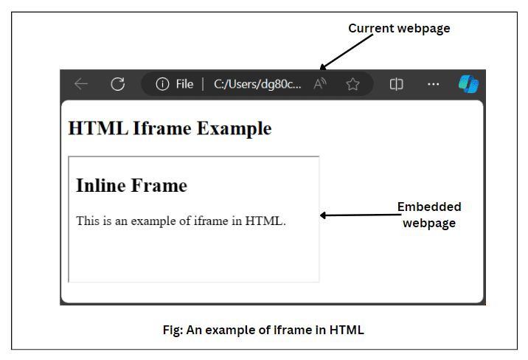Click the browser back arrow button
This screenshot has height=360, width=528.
click(x=81, y=84)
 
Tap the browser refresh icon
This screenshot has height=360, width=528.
click(x=117, y=84)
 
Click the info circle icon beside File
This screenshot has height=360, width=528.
click(x=162, y=84)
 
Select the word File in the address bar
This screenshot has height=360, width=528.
click(x=184, y=84)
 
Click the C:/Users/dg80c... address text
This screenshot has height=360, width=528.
click(x=257, y=84)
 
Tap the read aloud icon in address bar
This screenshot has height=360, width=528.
click(x=320, y=84)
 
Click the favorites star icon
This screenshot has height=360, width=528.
click(x=352, y=84)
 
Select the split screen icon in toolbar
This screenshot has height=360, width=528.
click(x=396, y=84)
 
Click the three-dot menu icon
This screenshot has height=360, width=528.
click(x=434, y=84)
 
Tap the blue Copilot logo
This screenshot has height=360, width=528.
click(x=468, y=84)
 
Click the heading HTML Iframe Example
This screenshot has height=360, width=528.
click(x=170, y=128)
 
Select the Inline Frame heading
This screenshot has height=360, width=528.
click(x=131, y=185)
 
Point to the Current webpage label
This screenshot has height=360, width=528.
click(x=399, y=29)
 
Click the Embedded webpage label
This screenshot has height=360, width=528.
click(x=429, y=215)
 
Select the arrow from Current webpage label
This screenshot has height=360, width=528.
click(x=347, y=51)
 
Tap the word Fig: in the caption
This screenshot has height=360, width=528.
click(x=173, y=330)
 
